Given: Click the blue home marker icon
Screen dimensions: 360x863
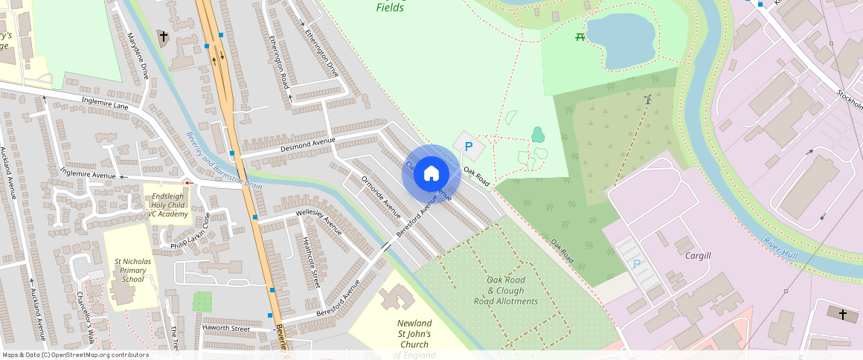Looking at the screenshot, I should pyautogui.click(x=431, y=173).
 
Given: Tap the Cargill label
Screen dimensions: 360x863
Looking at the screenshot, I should pyautogui.click(x=698, y=255).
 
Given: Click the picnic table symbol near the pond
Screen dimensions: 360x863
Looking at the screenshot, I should pyautogui.click(x=580, y=37).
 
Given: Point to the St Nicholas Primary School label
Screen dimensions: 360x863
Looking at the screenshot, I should pyautogui.click(x=132, y=271).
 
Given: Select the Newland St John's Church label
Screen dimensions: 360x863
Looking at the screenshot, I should pyautogui.click(x=414, y=334).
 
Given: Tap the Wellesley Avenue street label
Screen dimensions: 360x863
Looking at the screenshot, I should pyautogui.click(x=318, y=221).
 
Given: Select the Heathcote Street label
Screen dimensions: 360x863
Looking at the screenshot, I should pyautogui.click(x=312, y=262).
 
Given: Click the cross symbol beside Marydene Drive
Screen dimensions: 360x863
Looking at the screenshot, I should pyautogui.click(x=163, y=36).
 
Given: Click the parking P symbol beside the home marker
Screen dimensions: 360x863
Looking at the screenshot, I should pyautogui.click(x=468, y=147).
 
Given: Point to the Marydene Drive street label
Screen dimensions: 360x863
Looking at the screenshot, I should pyautogui.click(x=138, y=56).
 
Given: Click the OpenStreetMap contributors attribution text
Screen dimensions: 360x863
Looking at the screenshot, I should pyautogui.click(x=75, y=355).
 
